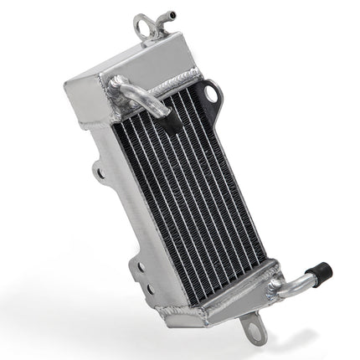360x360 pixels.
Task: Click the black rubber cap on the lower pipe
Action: (319, 273)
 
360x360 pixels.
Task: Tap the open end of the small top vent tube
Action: (172, 13)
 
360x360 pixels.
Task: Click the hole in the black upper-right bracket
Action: (210, 94)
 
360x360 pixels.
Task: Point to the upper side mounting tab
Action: (99, 173)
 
